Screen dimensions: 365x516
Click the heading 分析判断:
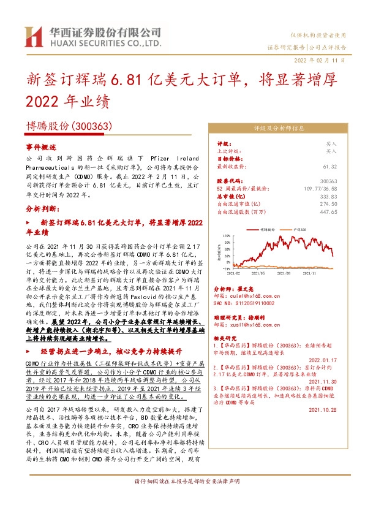(42, 209)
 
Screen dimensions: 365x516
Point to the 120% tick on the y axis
(227, 235)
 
